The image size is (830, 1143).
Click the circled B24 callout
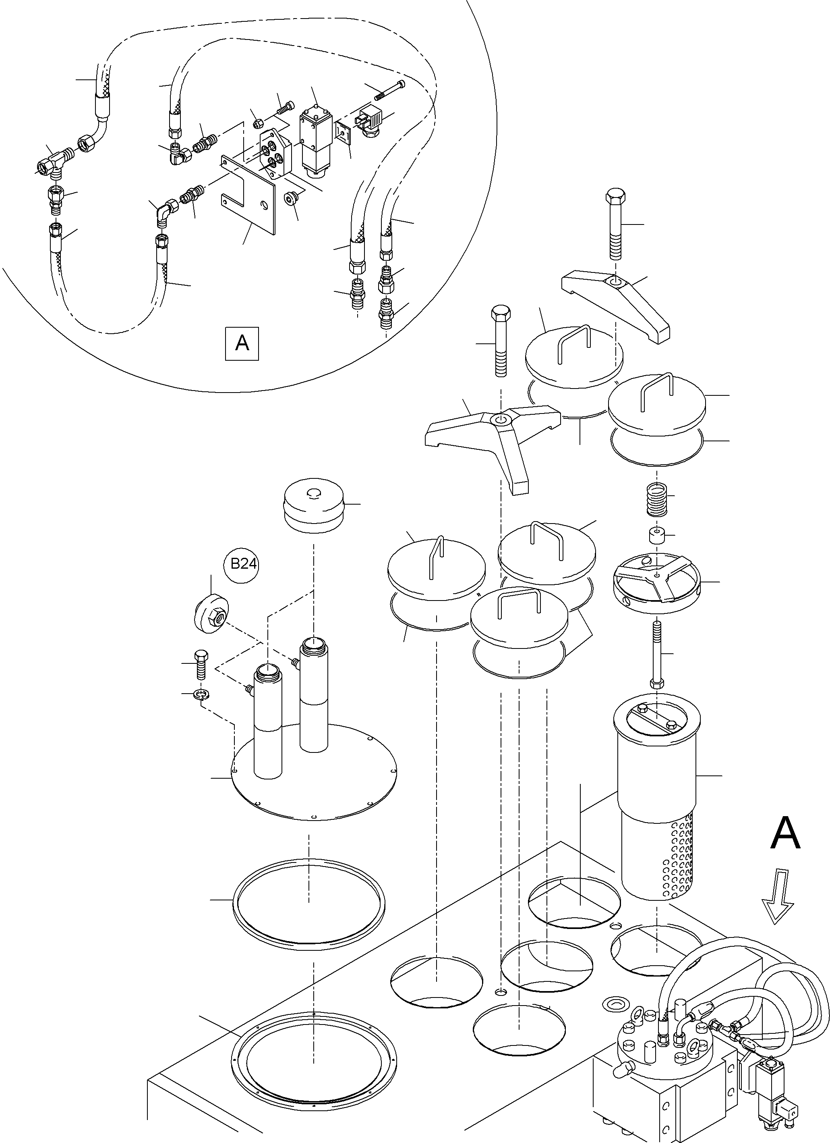click(x=244, y=563)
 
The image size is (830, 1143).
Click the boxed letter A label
click(x=242, y=343)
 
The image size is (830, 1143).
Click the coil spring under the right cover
click(x=656, y=499)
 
